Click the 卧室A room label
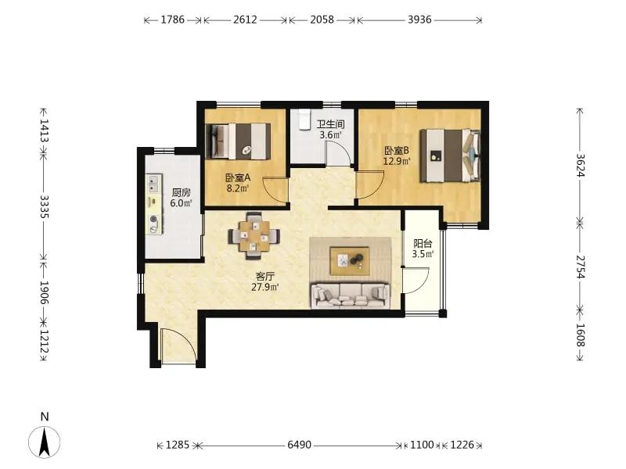(238, 178)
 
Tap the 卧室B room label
(397, 151)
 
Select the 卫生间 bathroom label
(330, 124)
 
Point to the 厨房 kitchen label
(182, 193)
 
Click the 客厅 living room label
(265, 277)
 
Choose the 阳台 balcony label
(423, 244)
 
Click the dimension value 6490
(300, 445)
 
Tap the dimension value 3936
(419, 20)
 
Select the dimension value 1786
(173, 20)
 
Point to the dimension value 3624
(581, 166)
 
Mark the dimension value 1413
(45, 131)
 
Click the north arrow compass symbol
(45, 442)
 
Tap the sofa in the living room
(350, 295)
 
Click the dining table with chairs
(254, 236)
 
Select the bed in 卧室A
(238, 141)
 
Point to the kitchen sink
(153, 184)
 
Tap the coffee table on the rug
(350, 261)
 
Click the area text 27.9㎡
(265, 287)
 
